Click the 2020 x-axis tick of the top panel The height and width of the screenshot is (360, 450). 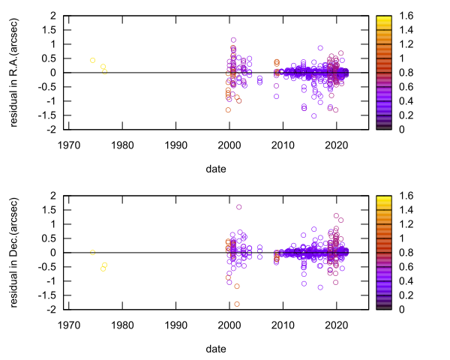(x=337, y=145)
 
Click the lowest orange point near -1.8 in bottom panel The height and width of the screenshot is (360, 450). (x=237, y=304)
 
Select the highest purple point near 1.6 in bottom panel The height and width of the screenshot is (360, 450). (x=239, y=207)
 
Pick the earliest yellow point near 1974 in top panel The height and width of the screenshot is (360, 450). (x=92, y=60)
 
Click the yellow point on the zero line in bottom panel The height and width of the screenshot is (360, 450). (x=92, y=253)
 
